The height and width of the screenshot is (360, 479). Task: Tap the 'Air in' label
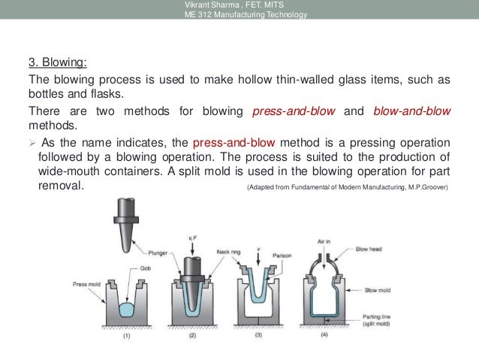click(325, 243)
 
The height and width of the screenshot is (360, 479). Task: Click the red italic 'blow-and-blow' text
click(411, 111)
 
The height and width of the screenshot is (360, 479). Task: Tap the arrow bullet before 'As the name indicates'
click(32, 143)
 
